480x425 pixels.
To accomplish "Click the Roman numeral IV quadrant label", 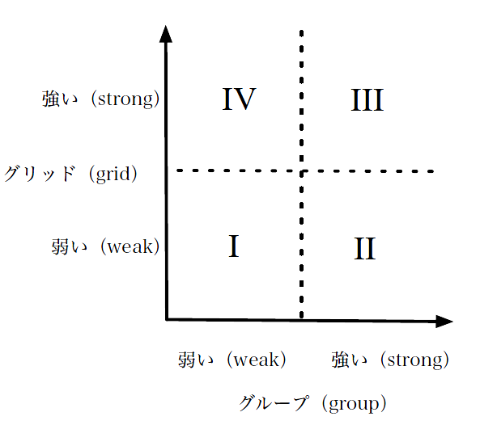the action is click(x=239, y=99).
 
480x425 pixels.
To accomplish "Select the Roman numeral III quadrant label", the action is click(x=367, y=100).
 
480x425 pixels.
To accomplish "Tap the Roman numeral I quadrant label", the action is click(x=234, y=246).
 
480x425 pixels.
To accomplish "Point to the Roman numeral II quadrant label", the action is click(x=364, y=248).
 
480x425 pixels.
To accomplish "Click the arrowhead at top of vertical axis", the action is click(x=166, y=34).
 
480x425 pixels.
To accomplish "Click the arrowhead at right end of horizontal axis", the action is click(x=444, y=322).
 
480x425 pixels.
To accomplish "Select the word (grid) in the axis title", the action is click(x=113, y=175).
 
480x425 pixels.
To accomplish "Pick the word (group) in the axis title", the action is click(x=354, y=404).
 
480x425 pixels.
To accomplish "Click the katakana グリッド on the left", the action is click(x=40, y=174).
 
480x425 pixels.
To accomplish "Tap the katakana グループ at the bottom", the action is click(x=274, y=403).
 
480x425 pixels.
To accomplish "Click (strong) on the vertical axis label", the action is click(x=125, y=99).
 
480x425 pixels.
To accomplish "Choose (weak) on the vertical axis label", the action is click(x=130, y=246).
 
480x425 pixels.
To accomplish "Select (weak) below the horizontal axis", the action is click(x=257, y=360).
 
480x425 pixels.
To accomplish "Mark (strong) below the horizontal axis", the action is click(x=414, y=360).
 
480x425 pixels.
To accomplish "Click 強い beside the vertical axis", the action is click(x=60, y=99).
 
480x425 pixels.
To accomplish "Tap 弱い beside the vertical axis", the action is click(x=70, y=246).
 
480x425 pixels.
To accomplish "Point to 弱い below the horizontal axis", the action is click(x=196, y=360).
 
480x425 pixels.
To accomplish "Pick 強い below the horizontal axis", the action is click(x=350, y=360).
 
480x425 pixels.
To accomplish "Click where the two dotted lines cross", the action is click(x=302, y=171).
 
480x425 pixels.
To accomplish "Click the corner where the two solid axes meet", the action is click(x=167, y=320).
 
